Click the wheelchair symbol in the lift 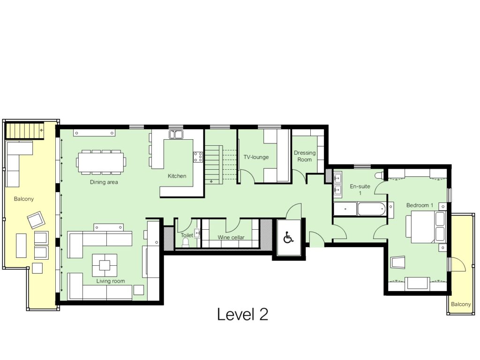288,238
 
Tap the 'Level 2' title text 242,315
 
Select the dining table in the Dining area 101,162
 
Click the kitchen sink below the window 176,135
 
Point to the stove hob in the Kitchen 198,157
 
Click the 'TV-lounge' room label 256,157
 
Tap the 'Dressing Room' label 305,156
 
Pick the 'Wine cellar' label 231,238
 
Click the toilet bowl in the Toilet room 186,242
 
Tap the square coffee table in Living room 105,265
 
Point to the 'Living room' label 111,281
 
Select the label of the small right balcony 461,304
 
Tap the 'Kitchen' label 177,176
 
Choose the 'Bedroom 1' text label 420,205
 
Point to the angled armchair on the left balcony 36,220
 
